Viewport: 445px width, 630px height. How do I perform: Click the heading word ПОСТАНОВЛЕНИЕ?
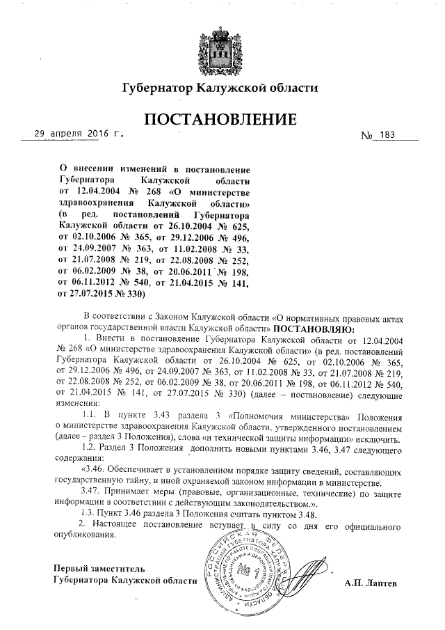click(220, 121)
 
